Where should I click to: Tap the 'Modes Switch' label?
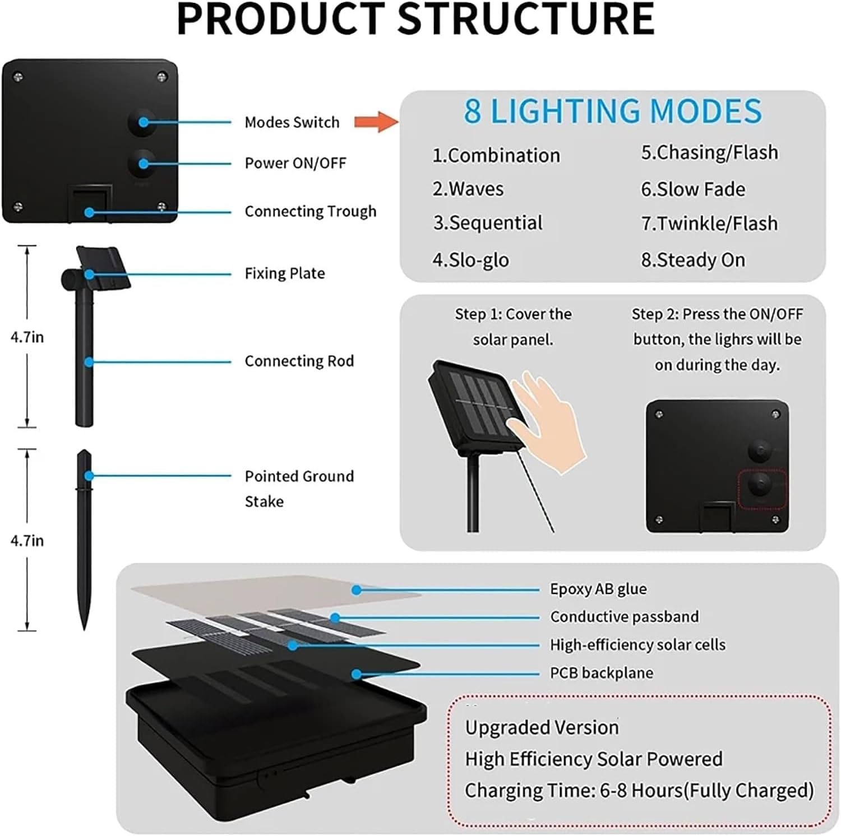[x=292, y=122]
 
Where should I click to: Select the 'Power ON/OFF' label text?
[x=295, y=163]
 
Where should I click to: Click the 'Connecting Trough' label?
[x=311, y=211]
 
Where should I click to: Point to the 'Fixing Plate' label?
[x=285, y=273]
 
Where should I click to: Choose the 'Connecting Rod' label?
[x=299, y=361]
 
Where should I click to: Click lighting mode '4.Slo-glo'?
[x=471, y=260]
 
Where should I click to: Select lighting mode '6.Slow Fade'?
[x=694, y=189]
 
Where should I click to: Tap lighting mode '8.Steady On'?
[x=694, y=260]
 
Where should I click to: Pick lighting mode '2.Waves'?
[x=468, y=189]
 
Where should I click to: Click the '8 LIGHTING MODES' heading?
[x=613, y=111]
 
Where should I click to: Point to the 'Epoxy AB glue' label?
[x=598, y=589]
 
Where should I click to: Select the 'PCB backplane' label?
[x=602, y=673]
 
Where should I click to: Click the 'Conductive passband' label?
[x=625, y=617]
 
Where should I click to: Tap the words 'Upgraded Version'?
[x=542, y=728]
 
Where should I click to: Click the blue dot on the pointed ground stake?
[x=89, y=476]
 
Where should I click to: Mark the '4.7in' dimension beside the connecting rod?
[x=27, y=337]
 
